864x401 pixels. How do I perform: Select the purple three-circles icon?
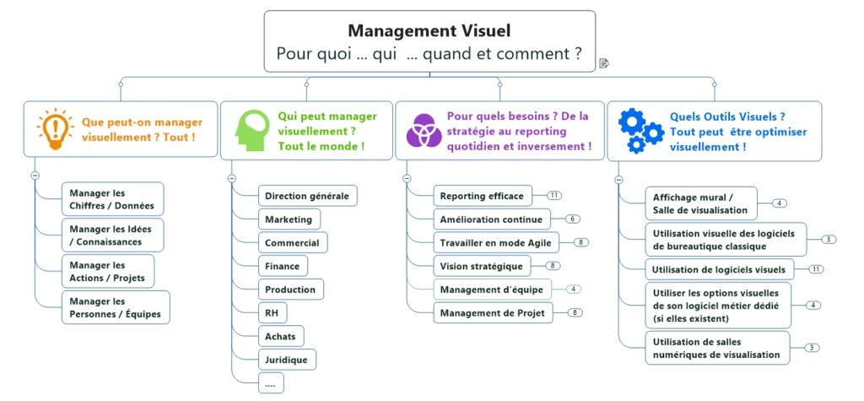[421, 130]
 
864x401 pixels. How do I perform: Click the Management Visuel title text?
[429, 31]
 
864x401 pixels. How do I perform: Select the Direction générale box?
[306, 196]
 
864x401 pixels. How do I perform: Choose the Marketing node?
[289, 219]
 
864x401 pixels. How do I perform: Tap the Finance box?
[282, 266]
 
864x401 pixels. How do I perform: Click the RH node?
[272, 312]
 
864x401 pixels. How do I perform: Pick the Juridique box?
[287, 360]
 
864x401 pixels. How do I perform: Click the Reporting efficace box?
[482, 196]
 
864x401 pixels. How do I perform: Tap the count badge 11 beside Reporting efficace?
[553, 196]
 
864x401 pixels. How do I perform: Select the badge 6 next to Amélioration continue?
[573, 219]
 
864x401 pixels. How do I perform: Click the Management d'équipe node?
[492, 290]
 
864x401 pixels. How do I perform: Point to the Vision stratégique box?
[481, 266]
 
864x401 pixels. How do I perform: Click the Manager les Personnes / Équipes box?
[115, 307]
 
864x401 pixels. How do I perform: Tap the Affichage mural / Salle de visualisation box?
[699, 203]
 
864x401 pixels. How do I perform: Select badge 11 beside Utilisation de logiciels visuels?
[815, 269]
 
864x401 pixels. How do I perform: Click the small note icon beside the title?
[604, 62]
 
